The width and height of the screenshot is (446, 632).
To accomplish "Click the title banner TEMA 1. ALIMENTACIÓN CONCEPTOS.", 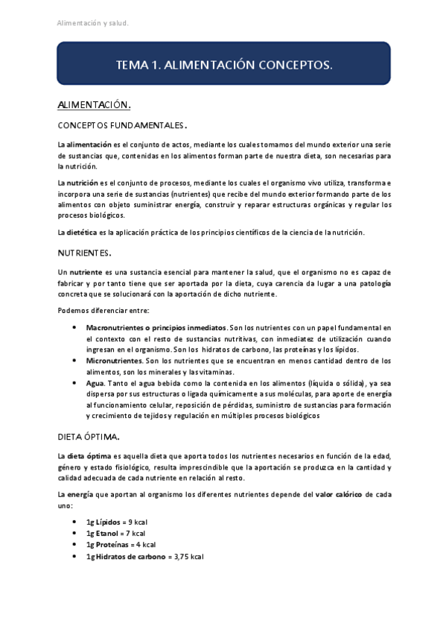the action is tap(223, 66).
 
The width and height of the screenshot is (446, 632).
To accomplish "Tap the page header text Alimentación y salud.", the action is tap(93, 23).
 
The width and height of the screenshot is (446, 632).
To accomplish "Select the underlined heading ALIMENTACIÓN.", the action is tap(95, 105).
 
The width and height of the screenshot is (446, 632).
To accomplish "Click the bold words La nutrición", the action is tap(77, 183).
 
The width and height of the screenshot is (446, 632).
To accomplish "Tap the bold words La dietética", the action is tap(77, 233).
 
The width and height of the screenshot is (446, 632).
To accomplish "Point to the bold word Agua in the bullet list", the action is tap(95, 382).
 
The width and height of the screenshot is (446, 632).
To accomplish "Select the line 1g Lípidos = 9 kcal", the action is tap(115, 522).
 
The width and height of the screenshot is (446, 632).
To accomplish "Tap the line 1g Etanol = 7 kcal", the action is tap(115, 534).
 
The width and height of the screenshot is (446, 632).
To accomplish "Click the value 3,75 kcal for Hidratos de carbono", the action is tap(188, 557).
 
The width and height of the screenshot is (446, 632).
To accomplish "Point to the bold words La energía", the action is tap(76, 495).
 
